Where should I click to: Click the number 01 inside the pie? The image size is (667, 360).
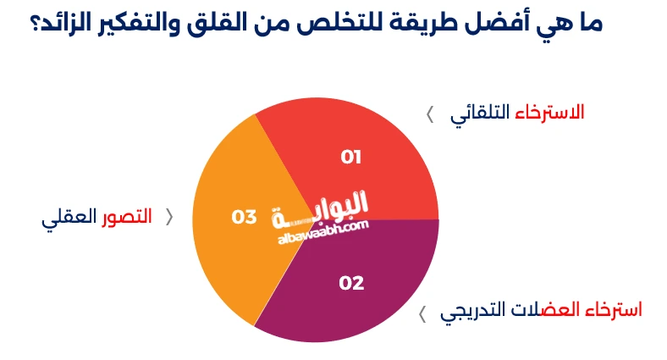coord(351,157)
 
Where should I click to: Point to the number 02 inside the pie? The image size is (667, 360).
coord(351,283)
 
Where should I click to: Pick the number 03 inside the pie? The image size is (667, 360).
coord(244,217)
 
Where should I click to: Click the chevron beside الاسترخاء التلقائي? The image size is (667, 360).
coord(430,114)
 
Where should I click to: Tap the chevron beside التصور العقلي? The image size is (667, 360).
coord(169,217)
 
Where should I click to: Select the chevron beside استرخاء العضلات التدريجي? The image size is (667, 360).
coord(422,315)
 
